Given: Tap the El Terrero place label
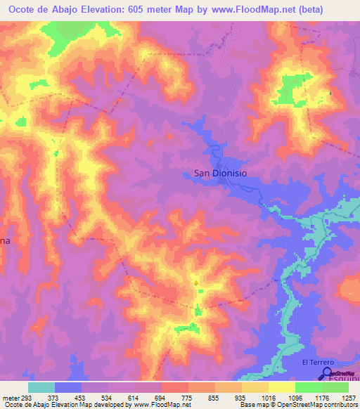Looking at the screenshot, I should tap(316, 362).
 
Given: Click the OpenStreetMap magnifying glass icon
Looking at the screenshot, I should tap(328, 372).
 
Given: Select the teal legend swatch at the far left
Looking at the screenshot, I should tap(41, 387).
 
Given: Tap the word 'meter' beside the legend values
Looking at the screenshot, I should tap(11, 397).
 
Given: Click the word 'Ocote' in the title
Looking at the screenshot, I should tap(20, 8).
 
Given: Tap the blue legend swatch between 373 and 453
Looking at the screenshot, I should tap(68, 387).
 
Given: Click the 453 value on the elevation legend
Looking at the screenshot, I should tap(82, 397).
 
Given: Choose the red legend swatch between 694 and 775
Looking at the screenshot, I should tap(175, 387).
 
